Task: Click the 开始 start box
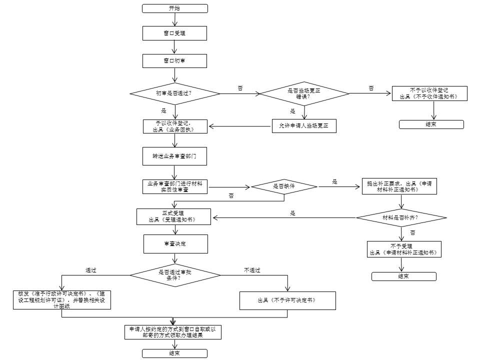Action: tap(175, 8)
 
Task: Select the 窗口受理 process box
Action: tap(174, 33)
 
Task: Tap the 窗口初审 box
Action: tap(174, 61)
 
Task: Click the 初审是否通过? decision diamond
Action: tap(175, 93)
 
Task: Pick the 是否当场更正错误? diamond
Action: tap(304, 93)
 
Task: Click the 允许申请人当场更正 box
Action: tap(304, 126)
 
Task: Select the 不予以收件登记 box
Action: tap(429, 93)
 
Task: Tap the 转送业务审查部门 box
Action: tap(174, 156)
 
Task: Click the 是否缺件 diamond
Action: tap(284, 186)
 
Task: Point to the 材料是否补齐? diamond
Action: tap(401, 217)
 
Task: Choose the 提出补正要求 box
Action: tap(399, 186)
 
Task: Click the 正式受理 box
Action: tap(173, 216)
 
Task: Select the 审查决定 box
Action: tap(175, 244)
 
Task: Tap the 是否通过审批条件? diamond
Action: tap(175, 275)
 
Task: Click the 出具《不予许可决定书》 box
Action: tap(287, 300)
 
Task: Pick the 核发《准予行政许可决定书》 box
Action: tap(62, 300)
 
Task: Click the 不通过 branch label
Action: tap(252, 270)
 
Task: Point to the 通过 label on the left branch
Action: tap(91, 270)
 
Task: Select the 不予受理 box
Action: tap(404, 249)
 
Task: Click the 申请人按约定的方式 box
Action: tap(173, 332)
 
